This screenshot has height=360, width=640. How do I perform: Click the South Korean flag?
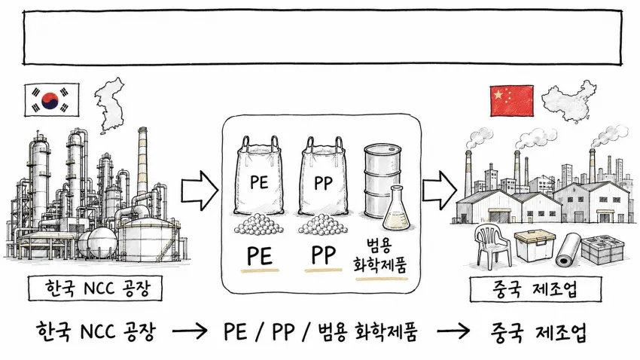(x=52, y=99)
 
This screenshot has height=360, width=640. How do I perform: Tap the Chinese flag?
(x=511, y=101)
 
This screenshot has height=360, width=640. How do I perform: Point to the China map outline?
(x=569, y=101)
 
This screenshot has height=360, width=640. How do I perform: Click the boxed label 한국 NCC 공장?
(x=95, y=288)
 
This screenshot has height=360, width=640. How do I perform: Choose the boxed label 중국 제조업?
(x=535, y=289)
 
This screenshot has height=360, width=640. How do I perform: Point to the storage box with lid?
(x=535, y=245)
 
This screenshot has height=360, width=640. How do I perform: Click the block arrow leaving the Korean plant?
(x=200, y=191)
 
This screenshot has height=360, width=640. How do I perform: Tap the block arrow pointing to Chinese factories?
(x=439, y=191)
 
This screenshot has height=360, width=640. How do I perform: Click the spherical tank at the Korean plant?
(x=102, y=242)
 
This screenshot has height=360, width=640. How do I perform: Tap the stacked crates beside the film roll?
(x=602, y=249)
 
